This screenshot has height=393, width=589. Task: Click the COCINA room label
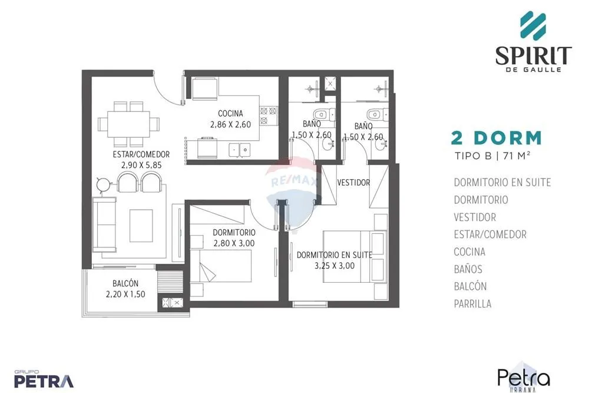(x=230, y=113)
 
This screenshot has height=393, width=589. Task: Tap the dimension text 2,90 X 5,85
(x=141, y=165)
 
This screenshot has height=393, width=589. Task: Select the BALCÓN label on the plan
(x=125, y=283)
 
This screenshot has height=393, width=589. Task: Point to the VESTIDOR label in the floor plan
(x=353, y=183)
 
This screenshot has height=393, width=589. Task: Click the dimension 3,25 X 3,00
(x=335, y=266)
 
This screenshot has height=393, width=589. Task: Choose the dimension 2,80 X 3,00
(x=234, y=243)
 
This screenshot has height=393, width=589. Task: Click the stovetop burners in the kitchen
(x=269, y=115)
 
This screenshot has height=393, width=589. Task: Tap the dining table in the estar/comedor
(x=129, y=124)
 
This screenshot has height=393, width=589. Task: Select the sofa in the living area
(x=104, y=224)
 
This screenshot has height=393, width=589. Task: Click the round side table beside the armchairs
(x=103, y=184)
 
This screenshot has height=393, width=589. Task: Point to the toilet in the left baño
(x=324, y=114)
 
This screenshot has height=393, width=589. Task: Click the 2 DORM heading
(x=496, y=138)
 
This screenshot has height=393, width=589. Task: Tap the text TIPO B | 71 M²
(x=492, y=155)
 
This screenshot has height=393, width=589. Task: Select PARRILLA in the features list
(x=472, y=303)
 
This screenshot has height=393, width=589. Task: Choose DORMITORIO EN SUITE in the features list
(x=502, y=182)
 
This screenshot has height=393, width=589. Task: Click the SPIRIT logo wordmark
(x=534, y=55)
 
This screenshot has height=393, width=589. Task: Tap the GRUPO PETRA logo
(x=44, y=379)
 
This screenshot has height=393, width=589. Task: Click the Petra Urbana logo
(x=524, y=378)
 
